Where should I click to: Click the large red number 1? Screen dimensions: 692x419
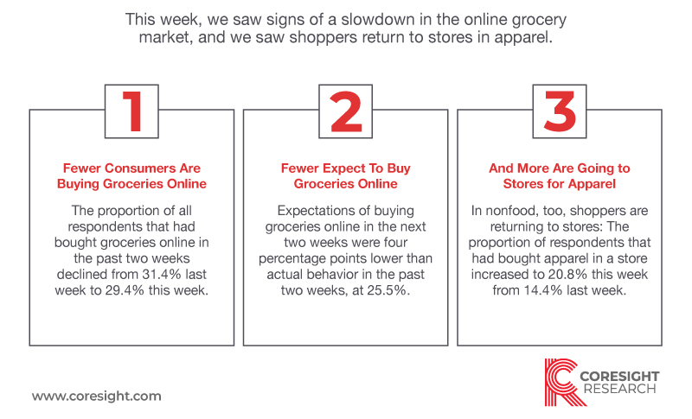pos(133,111)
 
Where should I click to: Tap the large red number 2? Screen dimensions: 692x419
pos(346,111)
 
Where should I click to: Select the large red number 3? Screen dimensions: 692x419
pos(560,111)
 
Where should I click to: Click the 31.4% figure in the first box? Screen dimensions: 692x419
pos(162,274)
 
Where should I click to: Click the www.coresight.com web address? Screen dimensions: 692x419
pos(97,396)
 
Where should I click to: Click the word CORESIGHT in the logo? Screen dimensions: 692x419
pos(619,377)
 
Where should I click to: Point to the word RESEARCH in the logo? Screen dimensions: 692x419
pos(619,389)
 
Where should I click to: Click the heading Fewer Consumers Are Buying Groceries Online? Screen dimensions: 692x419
pos(131,175)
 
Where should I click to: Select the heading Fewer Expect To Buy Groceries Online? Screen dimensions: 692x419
pos(345,175)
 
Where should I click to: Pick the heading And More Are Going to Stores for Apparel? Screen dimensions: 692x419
pos(559,175)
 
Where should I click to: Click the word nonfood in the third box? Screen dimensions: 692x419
pos(511,211)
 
